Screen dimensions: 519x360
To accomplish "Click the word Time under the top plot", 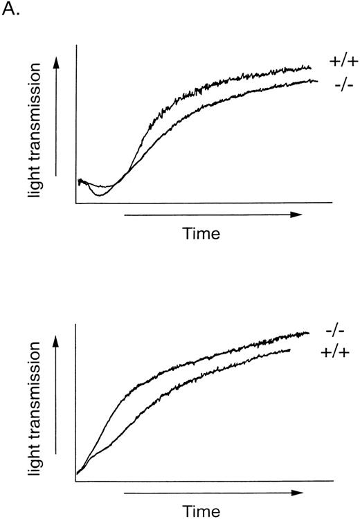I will (x=201, y=234).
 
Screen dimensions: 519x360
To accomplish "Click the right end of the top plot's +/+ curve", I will (x=310, y=67).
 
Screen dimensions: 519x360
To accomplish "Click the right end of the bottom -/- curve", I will (x=309, y=333).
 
